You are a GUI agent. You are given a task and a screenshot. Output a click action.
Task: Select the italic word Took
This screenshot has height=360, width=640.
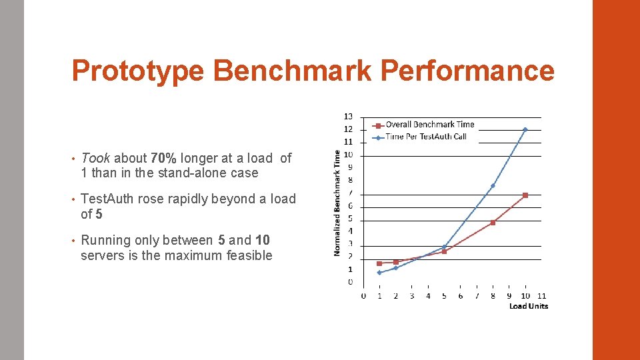(x=95, y=159)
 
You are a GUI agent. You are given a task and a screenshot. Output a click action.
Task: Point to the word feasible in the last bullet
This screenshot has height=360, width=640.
(x=250, y=255)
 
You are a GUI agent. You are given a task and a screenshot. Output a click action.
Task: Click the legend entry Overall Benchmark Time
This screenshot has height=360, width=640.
(x=429, y=125)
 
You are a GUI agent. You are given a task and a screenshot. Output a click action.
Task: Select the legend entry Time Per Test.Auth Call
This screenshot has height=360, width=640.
(x=425, y=137)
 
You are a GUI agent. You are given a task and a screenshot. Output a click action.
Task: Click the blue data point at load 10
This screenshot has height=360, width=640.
(x=525, y=129)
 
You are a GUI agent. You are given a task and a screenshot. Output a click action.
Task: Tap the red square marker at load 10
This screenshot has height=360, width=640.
(x=525, y=195)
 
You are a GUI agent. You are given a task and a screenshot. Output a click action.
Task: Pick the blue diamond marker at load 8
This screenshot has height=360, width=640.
(x=493, y=185)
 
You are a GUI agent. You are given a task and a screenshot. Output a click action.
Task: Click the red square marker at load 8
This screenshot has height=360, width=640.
(x=493, y=223)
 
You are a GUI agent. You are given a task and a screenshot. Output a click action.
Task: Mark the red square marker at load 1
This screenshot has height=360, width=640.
(x=379, y=263)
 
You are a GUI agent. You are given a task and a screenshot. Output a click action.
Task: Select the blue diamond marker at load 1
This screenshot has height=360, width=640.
(x=379, y=272)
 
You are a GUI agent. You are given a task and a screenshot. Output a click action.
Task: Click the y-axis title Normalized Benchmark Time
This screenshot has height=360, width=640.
(x=337, y=202)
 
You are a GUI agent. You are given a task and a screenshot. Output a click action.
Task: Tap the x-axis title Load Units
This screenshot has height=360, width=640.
(x=529, y=306)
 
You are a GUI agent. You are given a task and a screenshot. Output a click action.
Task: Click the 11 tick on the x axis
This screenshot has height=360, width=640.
(x=541, y=296)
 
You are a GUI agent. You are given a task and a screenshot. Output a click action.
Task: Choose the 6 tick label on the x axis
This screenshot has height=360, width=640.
(x=461, y=296)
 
